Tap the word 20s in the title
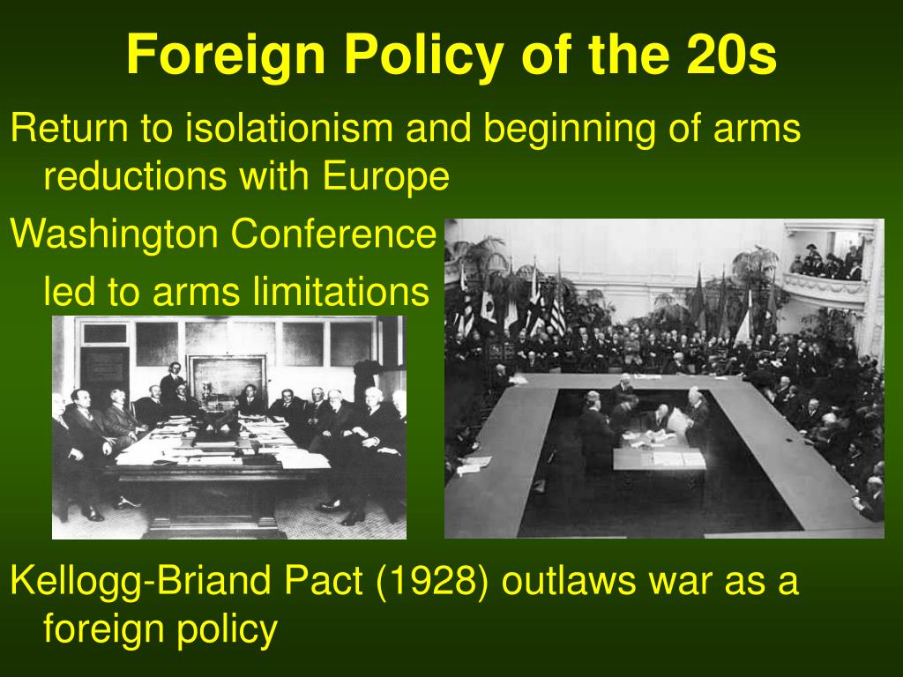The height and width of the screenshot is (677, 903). pyautogui.click(x=731, y=54)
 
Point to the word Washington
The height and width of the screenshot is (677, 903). pyautogui.click(x=114, y=234)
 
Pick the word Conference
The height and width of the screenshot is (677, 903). pyautogui.click(x=333, y=234)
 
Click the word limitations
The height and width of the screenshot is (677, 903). pyautogui.click(x=341, y=291)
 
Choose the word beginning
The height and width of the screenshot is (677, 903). pyautogui.click(x=569, y=129)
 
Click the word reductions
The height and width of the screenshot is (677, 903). pyautogui.click(x=135, y=176)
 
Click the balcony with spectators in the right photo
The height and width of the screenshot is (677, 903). pyautogui.click(x=827, y=271)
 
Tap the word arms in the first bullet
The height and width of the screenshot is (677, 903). pyautogui.click(x=757, y=129)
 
